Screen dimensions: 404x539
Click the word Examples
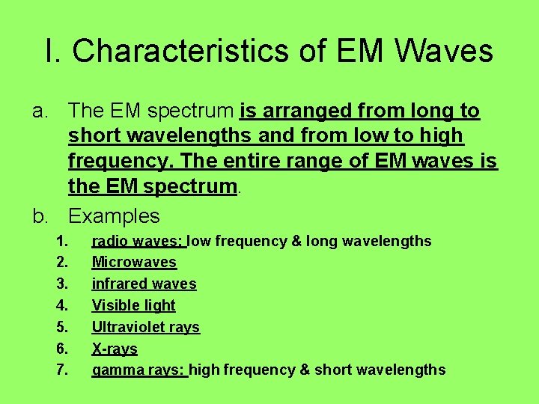point(114,216)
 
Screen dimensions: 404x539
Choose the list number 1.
point(62,241)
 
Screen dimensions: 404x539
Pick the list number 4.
point(62,305)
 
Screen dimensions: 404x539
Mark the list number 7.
point(62,370)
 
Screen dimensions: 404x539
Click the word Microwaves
point(134,263)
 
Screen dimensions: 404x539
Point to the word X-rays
point(115,349)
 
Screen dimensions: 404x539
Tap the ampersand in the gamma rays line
point(305,370)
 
